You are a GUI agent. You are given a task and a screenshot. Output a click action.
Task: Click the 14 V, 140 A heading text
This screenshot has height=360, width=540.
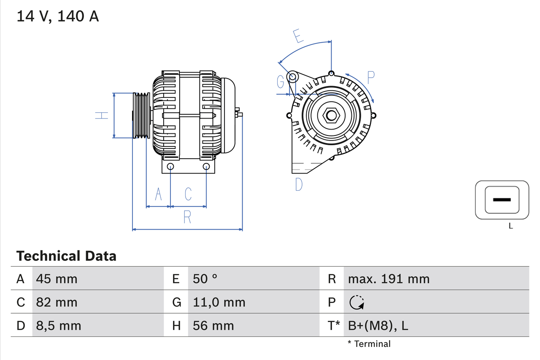tap(57, 16)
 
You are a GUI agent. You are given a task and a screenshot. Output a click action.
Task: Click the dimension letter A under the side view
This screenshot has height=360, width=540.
tap(159, 194)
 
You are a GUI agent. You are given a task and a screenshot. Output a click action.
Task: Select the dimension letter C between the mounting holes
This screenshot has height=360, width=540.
tap(188, 194)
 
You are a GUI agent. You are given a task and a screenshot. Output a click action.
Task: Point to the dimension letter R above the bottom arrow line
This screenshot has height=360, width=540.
tap(187, 217)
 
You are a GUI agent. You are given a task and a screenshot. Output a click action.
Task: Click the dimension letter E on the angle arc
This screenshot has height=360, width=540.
tap(299, 36)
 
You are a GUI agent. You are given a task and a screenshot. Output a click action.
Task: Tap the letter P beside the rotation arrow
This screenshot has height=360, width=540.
tap(371, 78)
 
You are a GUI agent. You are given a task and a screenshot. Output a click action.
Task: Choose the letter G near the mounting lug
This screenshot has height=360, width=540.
tap(281, 82)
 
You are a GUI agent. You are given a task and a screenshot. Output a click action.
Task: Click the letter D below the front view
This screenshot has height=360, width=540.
tap(299, 184)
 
